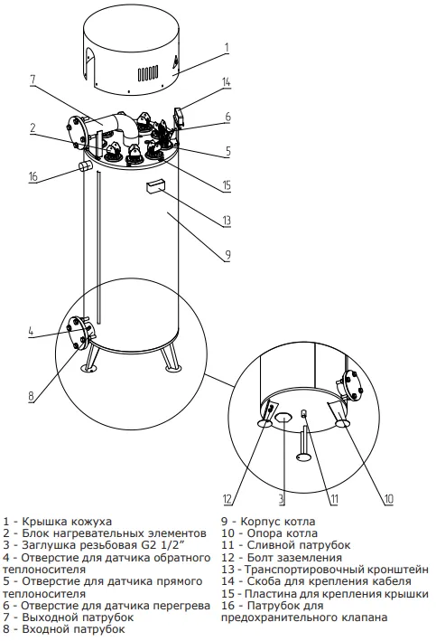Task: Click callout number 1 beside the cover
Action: pyautogui.click(x=227, y=48)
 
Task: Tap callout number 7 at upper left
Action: pyautogui.click(x=33, y=80)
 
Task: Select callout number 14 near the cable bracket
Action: pyautogui.click(x=227, y=82)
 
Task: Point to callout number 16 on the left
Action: pyautogui.click(x=33, y=175)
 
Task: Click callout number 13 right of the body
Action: pyautogui.click(x=227, y=221)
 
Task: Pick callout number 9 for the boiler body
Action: pyautogui.click(x=227, y=255)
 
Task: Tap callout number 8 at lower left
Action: pyautogui.click(x=32, y=396)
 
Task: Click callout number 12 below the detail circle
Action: pyautogui.click(x=227, y=499)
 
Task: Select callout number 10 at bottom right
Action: pyautogui.click(x=388, y=499)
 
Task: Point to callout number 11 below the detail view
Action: pyautogui.click(x=334, y=499)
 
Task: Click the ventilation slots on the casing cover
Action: pyautogui.click(x=147, y=73)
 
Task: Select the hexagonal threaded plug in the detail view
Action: pyautogui.click(x=283, y=418)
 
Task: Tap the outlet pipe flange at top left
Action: pyautogui.click(x=77, y=132)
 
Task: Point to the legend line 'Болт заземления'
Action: pyautogui.click(x=294, y=558)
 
